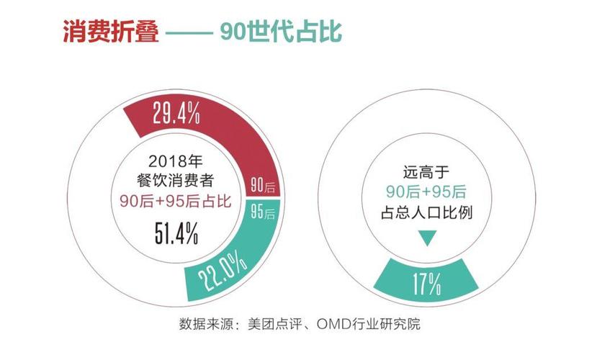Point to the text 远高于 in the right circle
pyautogui.click(x=426, y=173)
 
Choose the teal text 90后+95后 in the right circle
pyautogui.click(x=426, y=192)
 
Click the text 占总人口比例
pyautogui.click(x=426, y=213)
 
